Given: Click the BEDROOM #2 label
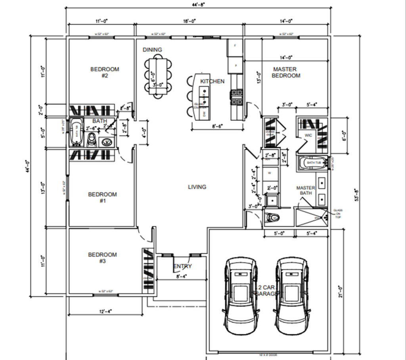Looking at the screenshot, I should pos(105,72).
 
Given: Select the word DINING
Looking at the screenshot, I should pos(153,50).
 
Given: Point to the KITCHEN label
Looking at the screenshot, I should pos(212,81).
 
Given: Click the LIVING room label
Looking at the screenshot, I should pos(197,187).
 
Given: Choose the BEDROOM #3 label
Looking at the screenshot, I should pos(102,258).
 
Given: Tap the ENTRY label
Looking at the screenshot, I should pos(182,266).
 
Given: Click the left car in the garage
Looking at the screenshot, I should pos(241,295).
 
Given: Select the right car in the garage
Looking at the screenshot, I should pos(292,295).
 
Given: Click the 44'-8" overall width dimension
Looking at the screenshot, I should pos(197,4).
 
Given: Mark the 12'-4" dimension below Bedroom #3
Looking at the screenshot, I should pos(105,312).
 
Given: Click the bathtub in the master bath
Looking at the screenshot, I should pos(313,163).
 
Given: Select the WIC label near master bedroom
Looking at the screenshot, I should pos(308,136).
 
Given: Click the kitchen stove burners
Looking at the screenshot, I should pos(237,98).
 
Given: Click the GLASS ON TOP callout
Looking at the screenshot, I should pos(338,214).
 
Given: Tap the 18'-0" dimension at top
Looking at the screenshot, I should pos(190,21).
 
